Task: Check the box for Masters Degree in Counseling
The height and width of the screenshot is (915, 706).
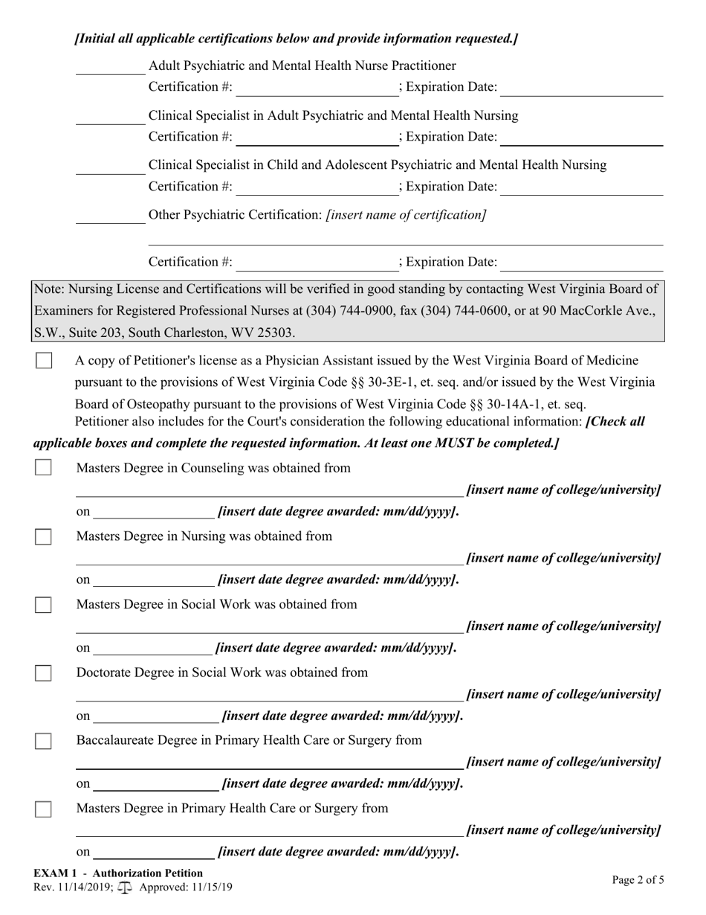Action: coord(44,468)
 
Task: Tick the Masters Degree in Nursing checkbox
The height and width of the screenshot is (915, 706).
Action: coord(44,536)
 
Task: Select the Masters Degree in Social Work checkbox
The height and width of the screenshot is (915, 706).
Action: coord(44,605)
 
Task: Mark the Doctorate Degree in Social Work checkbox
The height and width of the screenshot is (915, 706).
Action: coord(44,672)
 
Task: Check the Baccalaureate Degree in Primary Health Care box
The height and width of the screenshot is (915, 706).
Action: coord(44,741)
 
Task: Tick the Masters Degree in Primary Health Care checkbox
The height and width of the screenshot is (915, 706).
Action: coord(44,809)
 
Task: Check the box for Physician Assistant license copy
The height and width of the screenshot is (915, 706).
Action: coord(44,361)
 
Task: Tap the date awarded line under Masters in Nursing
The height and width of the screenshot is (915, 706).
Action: coord(154,580)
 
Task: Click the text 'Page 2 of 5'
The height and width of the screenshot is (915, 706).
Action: coord(638,880)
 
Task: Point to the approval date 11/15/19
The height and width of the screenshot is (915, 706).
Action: coord(210,887)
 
